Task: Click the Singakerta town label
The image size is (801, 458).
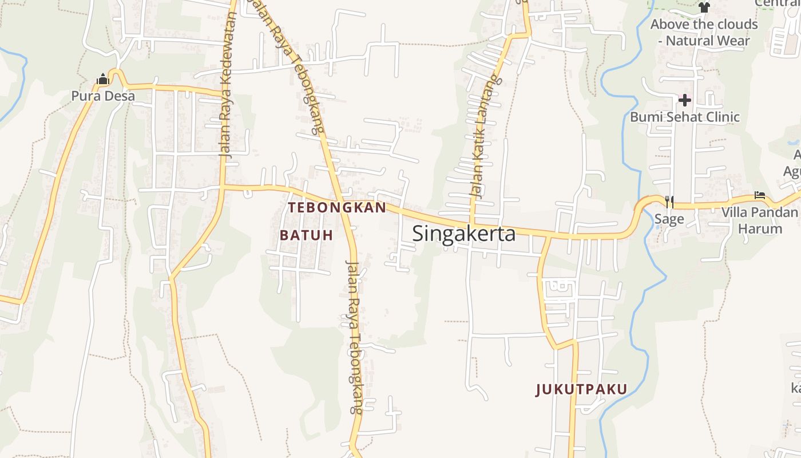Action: pos(463,234)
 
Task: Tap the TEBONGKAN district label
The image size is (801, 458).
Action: pos(338,208)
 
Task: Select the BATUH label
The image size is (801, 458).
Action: pos(306,235)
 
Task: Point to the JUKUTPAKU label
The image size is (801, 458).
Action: pos(581,390)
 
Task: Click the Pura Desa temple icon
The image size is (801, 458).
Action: pos(103,80)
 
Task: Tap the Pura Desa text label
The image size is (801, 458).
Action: pos(103,96)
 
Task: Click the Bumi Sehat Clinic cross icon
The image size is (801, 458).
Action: pos(684,101)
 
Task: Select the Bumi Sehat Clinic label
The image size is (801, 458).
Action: pos(685,117)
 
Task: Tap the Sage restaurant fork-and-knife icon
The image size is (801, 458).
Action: pos(669,202)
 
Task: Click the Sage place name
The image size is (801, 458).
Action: pos(669,219)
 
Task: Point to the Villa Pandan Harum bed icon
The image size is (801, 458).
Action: pos(760,196)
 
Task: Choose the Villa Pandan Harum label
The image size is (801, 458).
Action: pos(759,220)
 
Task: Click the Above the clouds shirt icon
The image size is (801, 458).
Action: pos(704,7)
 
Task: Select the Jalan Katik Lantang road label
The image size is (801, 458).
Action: pos(485,137)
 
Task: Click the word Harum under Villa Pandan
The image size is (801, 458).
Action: pos(760,229)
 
